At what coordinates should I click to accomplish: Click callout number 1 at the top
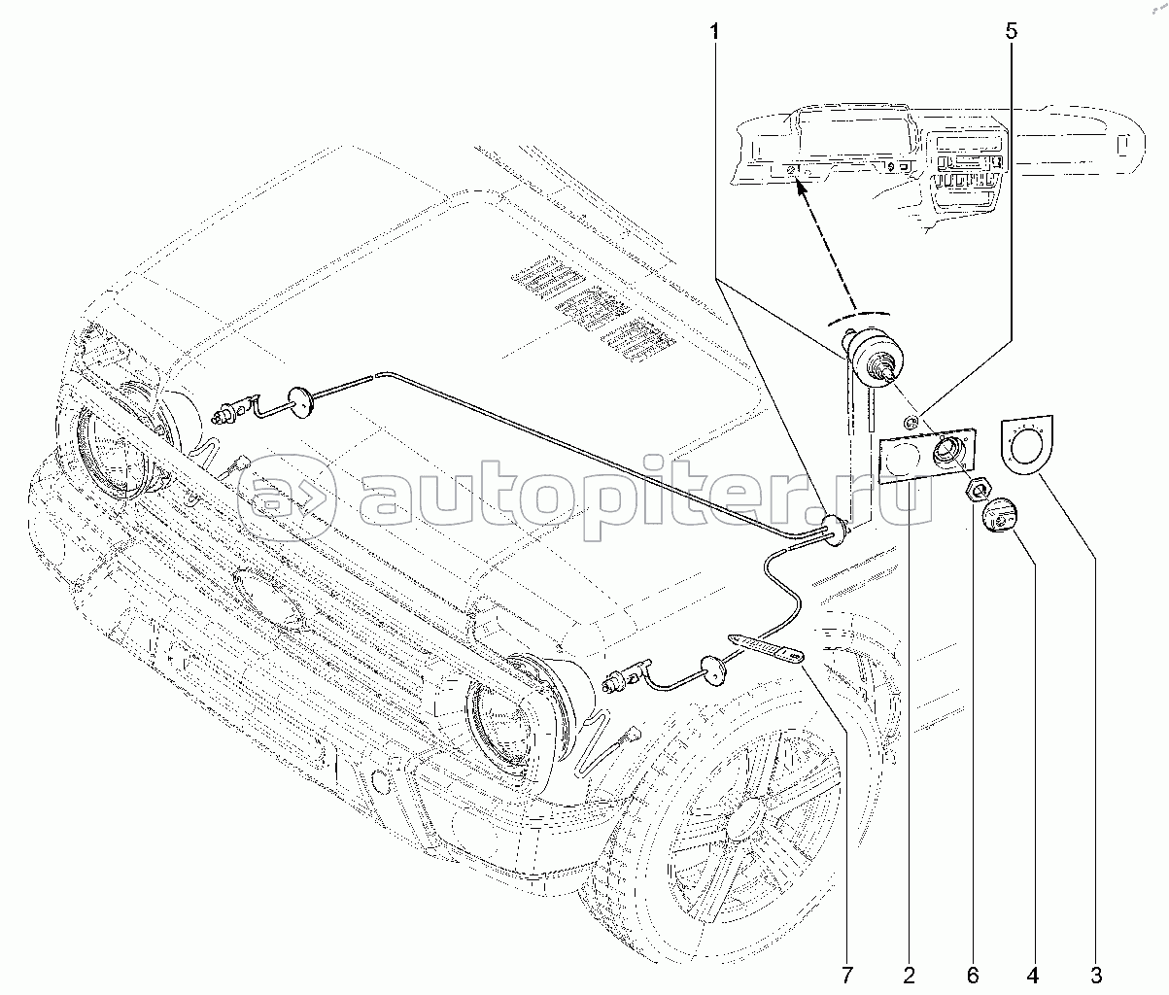point(715,32)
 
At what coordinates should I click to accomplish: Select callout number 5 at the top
point(1012,30)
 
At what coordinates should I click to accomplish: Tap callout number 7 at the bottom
point(846,975)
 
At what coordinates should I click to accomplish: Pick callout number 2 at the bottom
point(909,975)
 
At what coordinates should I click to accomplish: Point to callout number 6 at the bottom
point(973,975)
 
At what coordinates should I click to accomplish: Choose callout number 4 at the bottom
point(1033,975)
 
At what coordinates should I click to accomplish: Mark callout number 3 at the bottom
point(1095,975)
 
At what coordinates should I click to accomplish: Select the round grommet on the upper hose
point(302,402)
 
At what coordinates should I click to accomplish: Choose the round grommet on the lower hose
point(713,672)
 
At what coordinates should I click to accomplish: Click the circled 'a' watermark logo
point(286,497)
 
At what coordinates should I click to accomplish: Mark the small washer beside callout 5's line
point(911,422)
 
